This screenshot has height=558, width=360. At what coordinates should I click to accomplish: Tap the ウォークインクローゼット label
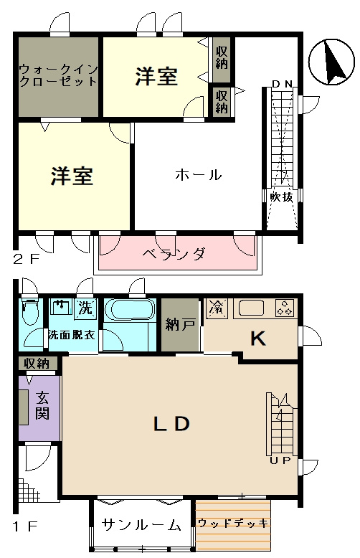pos(58,75)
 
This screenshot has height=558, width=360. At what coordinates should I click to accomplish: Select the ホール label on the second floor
pos(198,174)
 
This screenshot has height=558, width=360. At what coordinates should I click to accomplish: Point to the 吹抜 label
pos(281,197)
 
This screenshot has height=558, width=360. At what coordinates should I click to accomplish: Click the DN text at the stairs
pos(282,84)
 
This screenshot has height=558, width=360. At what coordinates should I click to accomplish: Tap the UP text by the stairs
pos(280,460)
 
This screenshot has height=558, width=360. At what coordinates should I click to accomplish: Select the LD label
pos(171,424)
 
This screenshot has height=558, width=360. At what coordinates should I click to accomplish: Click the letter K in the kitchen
pos(257,339)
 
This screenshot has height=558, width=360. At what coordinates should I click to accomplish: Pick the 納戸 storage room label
pos(179,325)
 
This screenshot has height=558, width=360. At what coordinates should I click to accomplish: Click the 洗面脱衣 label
pos(72,335)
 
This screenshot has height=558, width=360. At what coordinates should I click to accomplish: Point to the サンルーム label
pos(141,524)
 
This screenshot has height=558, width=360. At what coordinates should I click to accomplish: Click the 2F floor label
pos(27,259)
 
